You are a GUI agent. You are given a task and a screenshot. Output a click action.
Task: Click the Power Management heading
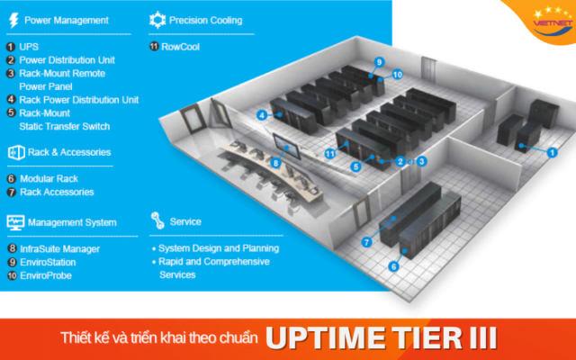click(66, 20)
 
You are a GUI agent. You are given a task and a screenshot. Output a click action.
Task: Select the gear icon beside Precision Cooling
click(157, 19)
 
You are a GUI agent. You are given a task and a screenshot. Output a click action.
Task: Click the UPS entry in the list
click(29, 45)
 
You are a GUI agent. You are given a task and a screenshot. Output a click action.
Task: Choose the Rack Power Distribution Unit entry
click(78, 100)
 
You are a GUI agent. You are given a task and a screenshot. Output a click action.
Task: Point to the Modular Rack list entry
click(50, 179)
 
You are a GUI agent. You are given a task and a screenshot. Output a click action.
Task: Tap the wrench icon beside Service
click(157, 220)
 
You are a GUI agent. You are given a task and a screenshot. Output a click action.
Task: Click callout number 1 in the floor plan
click(553, 153)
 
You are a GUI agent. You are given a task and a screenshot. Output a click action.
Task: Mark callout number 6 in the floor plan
click(393, 266)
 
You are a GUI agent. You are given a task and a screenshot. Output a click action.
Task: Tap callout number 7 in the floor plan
click(366, 242)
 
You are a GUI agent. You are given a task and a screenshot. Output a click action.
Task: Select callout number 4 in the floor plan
click(261, 115)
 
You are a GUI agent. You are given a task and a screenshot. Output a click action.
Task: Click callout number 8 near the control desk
click(276, 162)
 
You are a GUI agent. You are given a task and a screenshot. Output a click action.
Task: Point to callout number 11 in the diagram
click(330, 154)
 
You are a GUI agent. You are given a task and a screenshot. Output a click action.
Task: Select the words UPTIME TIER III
click(382, 338)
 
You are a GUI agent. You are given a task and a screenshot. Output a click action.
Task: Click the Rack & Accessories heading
click(68, 152)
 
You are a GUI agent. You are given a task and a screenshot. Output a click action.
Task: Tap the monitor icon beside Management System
click(15, 221)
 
